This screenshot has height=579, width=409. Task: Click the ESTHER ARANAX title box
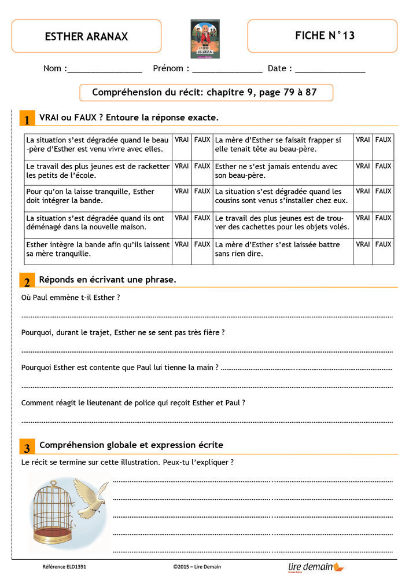pyautogui.click(x=86, y=36)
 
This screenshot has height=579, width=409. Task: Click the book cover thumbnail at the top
pyautogui.click(x=205, y=38)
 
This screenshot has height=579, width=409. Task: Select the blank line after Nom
pyautogui.click(x=105, y=69)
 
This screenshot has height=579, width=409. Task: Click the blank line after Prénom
pyautogui.click(x=227, y=69)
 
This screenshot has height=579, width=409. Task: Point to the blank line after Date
pyautogui.click(x=330, y=69)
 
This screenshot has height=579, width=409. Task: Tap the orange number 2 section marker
pyautogui.click(x=27, y=282)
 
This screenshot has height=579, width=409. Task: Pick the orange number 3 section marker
pyautogui.click(x=27, y=448)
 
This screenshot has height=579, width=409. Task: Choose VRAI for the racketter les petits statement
pyautogui.click(x=182, y=166)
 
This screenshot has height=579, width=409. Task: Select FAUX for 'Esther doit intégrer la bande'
pyautogui.click(x=202, y=191)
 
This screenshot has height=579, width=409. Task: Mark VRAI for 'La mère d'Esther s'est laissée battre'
pyautogui.click(x=363, y=244)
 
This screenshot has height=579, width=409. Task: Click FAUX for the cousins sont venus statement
pyautogui.click(x=383, y=191)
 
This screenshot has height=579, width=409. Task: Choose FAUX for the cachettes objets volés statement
pyautogui.click(x=383, y=218)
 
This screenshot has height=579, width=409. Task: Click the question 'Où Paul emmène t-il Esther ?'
pyautogui.click(x=70, y=298)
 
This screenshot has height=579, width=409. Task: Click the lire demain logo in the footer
pyautogui.click(x=315, y=567)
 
